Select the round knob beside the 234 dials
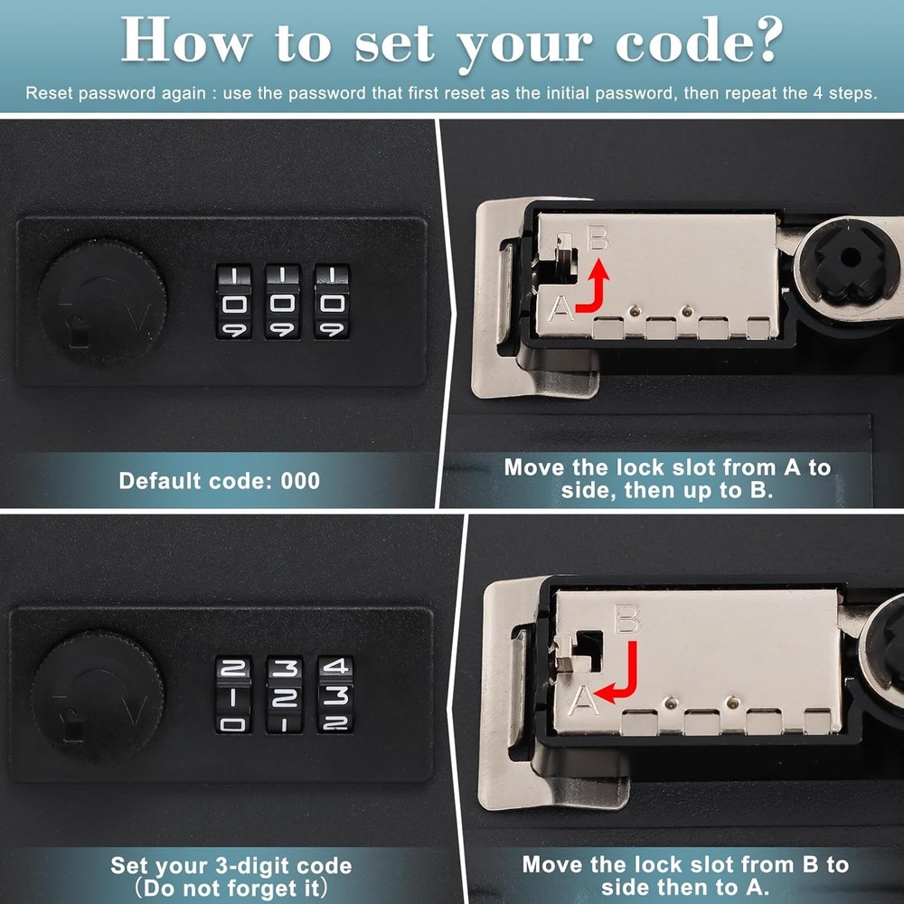97,695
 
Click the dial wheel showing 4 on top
335,694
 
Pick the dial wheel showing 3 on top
285,694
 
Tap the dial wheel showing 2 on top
234,694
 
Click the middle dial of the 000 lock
283,301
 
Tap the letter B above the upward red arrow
598,240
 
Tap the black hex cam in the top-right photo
847,258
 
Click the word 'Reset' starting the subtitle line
46,93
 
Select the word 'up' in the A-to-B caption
696,491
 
